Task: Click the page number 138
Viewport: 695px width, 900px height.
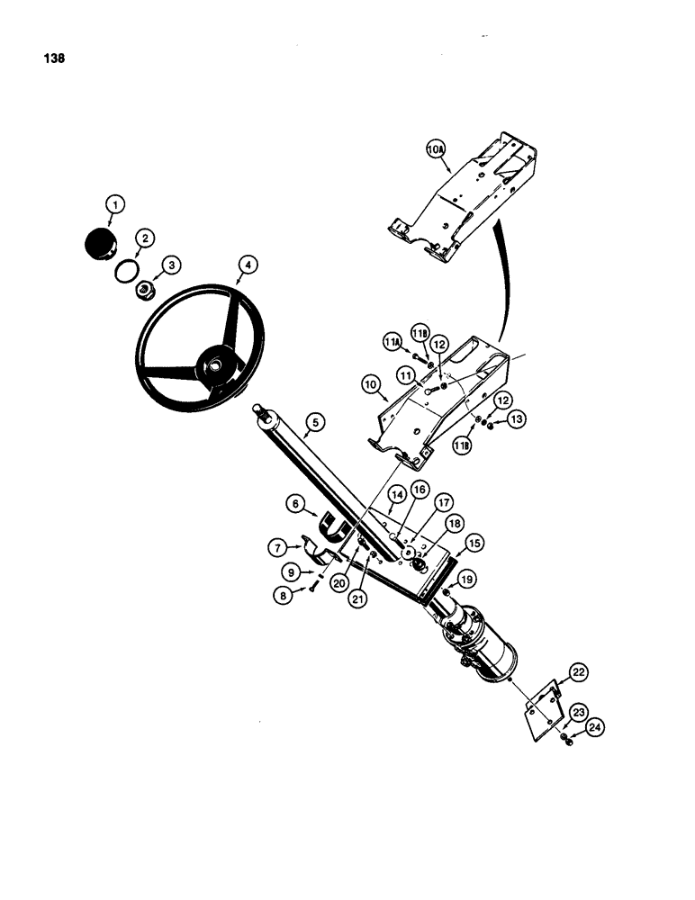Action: point(52,60)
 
